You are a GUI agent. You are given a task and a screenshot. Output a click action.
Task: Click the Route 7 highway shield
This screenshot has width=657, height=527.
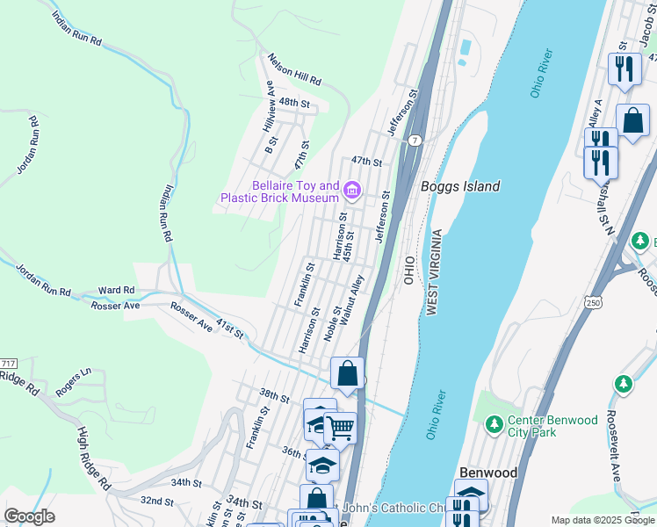click(x=415, y=141)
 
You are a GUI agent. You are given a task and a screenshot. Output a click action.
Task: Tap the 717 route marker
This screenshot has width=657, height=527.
click(x=8, y=364)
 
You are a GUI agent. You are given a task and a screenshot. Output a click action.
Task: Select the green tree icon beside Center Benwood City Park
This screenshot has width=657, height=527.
click(x=494, y=426)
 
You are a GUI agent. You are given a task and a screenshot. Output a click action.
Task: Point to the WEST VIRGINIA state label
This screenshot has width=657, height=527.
click(x=432, y=272)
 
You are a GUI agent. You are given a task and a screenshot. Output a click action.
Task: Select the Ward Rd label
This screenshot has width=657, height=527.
click(x=116, y=290)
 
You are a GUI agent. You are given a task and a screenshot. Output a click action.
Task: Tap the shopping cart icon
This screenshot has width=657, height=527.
click(x=340, y=429)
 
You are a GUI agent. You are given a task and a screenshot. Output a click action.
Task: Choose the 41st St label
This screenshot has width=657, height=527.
click(x=229, y=330)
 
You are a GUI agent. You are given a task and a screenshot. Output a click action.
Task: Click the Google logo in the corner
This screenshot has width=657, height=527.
click(x=30, y=516)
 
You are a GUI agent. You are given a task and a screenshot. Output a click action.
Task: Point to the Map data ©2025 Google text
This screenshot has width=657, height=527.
click(x=603, y=520)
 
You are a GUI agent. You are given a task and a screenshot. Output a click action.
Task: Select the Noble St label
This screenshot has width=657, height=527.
click(x=332, y=323)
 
